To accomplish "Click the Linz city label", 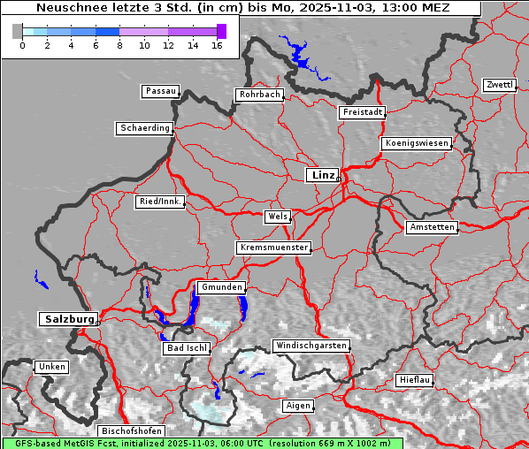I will click(x=322, y=175).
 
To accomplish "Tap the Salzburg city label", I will click(x=67, y=319).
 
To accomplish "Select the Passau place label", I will click(x=160, y=91).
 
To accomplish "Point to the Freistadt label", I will click(x=362, y=112).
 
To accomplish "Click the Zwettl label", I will click(x=499, y=85).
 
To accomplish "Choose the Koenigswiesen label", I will click(x=416, y=143).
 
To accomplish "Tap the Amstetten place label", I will click(x=431, y=227).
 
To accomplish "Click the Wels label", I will click(x=277, y=217).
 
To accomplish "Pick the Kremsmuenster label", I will click(x=273, y=247).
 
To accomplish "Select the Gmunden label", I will click(x=220, y=287).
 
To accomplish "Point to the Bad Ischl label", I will click(x=187, y=348).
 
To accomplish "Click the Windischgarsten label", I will click(x=310, y=346).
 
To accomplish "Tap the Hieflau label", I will click(x=414, y=380).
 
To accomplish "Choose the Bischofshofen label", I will click(x=130, y=430).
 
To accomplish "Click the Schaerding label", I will click(x=144, y=128).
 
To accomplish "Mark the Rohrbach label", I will click(x=258, y=95).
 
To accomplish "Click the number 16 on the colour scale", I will click(x=217, y=45).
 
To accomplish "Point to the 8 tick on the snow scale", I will click(x=119, y=45).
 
